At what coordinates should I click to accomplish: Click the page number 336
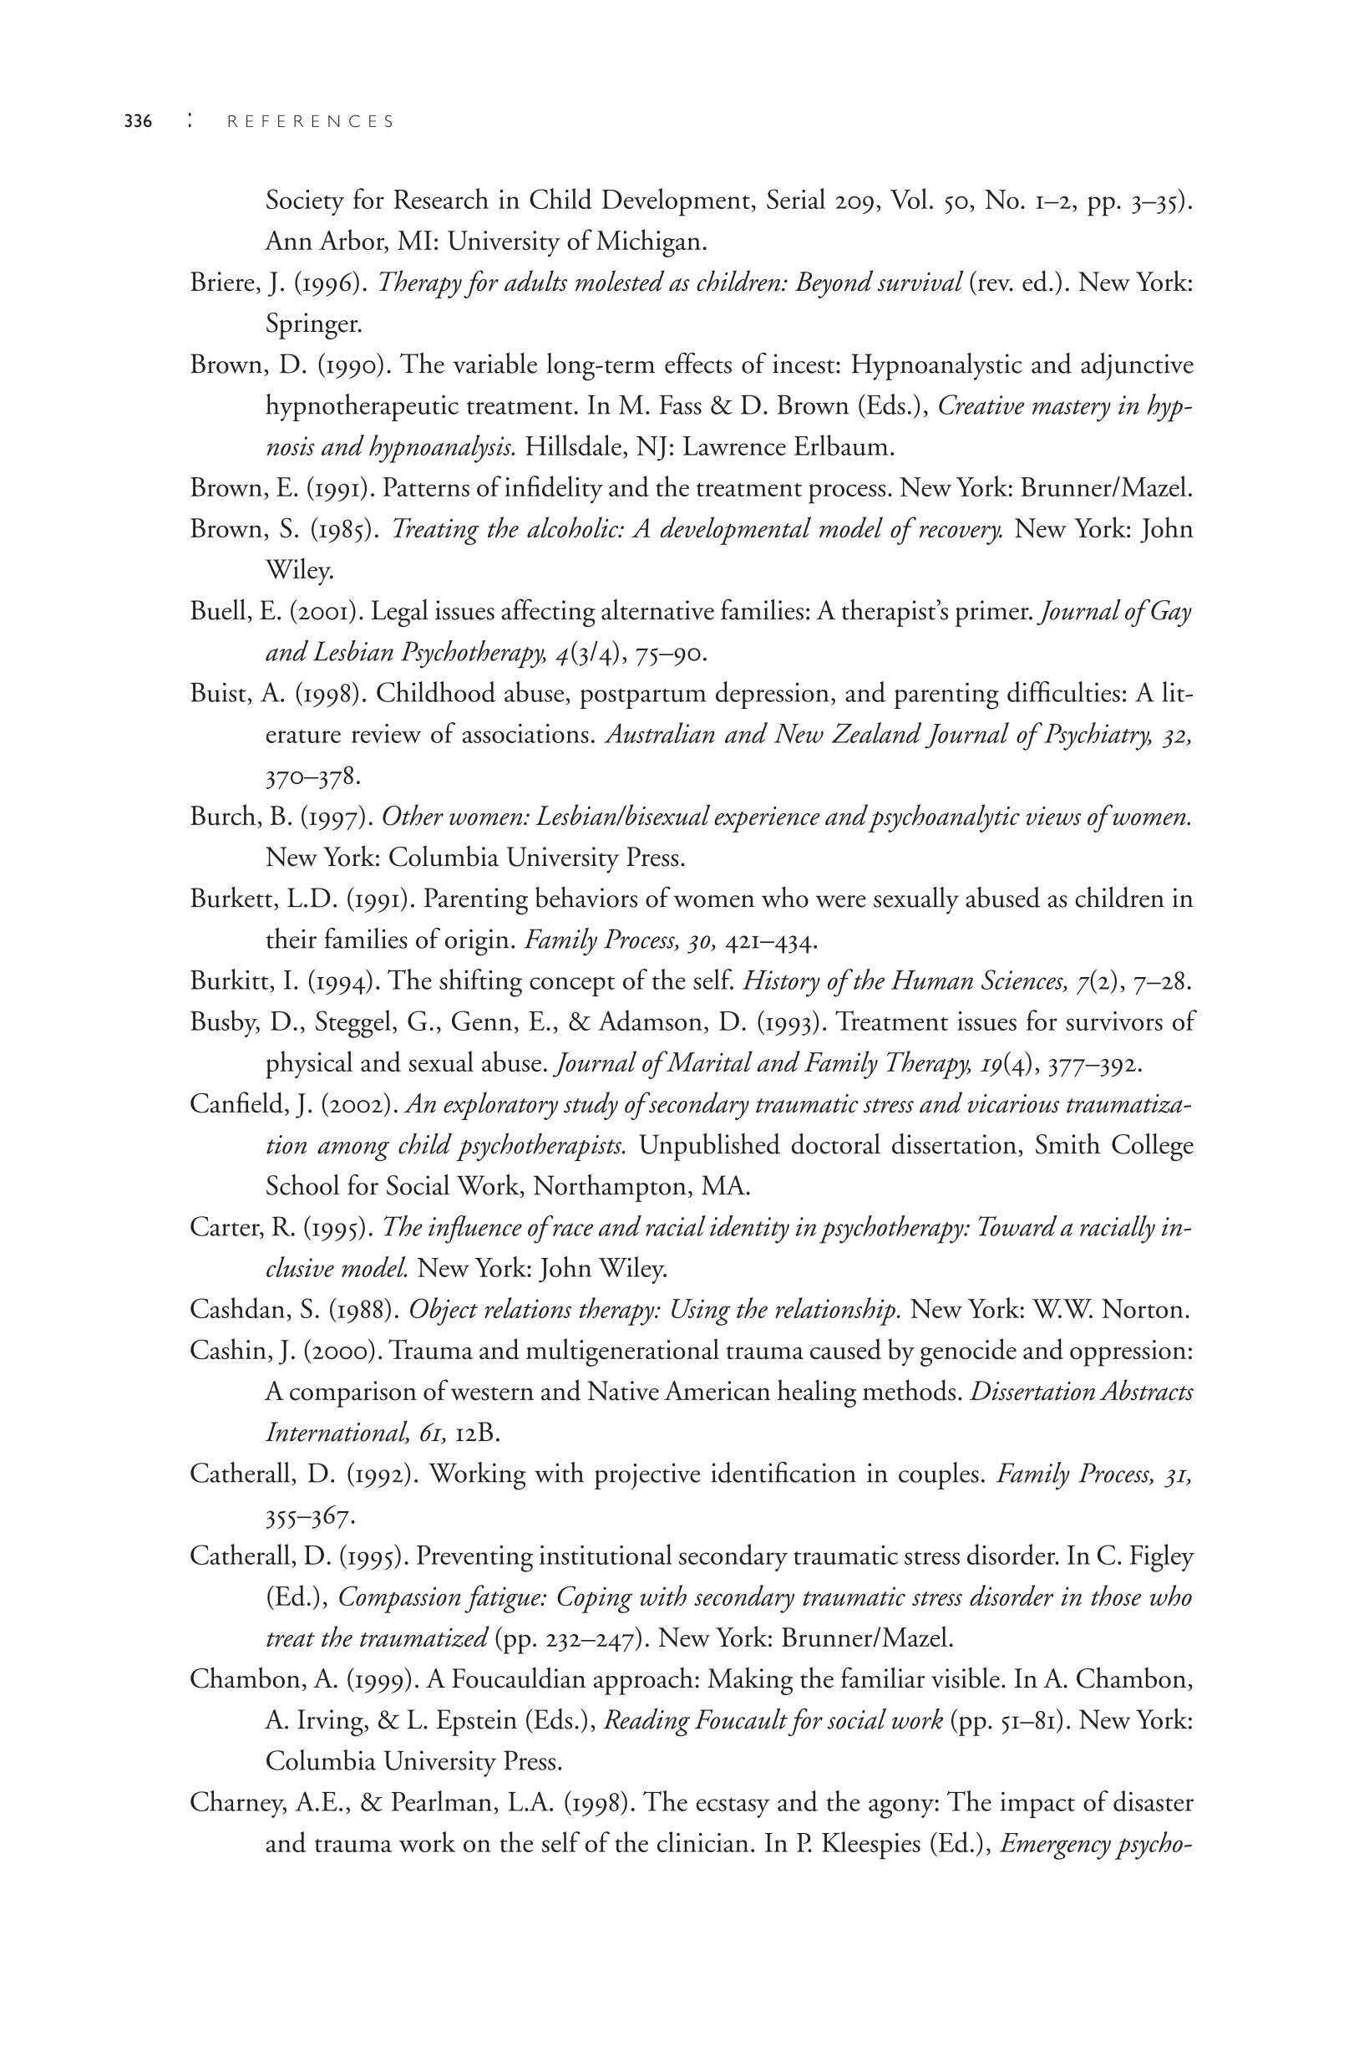tap(139, 122)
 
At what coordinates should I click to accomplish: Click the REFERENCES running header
tap(311, 122)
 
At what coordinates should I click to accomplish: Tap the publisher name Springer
tap(313, 324)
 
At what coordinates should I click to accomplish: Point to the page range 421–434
tap(771, 941)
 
